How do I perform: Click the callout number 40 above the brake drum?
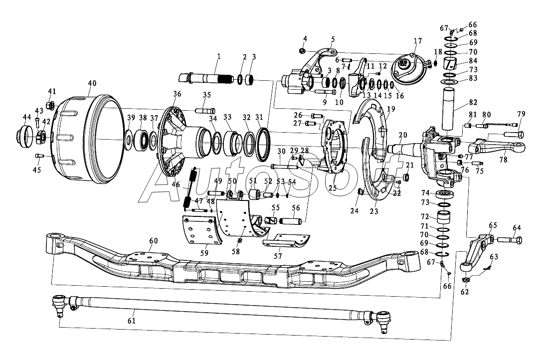pyautogui.click(x=92, y=83)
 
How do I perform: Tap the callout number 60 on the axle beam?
pyautogui.click(x=153, y=241)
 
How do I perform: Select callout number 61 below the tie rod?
pyautogui.click(x=131, y=321)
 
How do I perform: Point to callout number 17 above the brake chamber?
pyautogui.click(x=417, y=41)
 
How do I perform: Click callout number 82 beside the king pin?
pyautogui.click(x=473, y=102)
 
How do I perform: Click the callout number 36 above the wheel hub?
pyautogui.click(x=177, y=94)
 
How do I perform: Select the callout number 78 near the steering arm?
pyautogui.click(x=503, y=160)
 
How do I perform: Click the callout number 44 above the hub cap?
pyautogui.click(x=26, y=117)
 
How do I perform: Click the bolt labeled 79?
pyautogui.click(x=514, y=134)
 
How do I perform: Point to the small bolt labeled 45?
pyautogui.click(x=40, y=156)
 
